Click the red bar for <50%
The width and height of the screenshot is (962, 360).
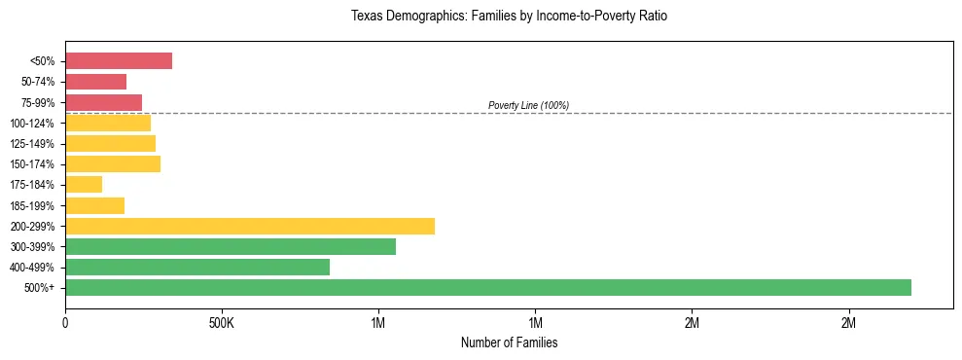point(119,61)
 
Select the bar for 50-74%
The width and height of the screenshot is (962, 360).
point(95,82)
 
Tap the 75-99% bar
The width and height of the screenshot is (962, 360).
point(103,102)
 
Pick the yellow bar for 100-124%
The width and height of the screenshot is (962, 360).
point(108,123)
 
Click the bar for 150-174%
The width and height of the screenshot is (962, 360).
point(113,163)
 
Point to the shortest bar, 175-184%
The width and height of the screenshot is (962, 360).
point(84,184)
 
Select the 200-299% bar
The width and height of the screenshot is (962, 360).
point(250,226)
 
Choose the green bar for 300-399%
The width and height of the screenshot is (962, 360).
point(231,246)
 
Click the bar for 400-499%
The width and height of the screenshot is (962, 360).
point(197,267)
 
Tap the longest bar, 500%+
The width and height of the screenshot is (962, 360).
point(488,287)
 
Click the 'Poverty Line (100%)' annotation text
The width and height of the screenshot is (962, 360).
point(528,105)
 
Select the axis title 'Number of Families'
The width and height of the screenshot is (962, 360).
point(509,342)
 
